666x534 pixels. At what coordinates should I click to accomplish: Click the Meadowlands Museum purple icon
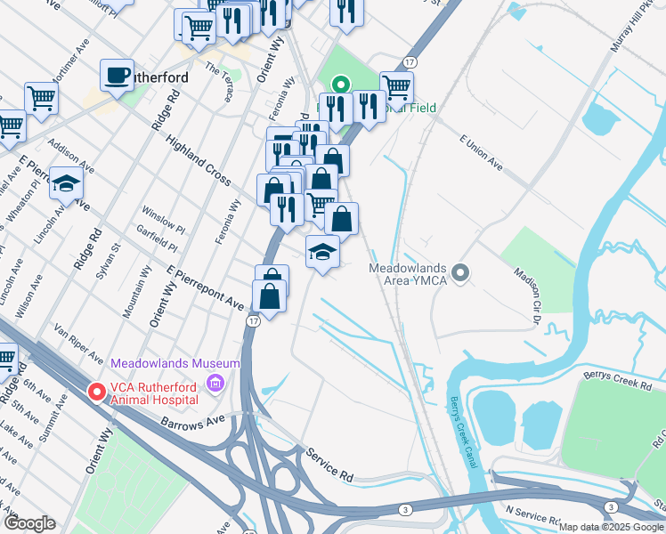pos(214,384)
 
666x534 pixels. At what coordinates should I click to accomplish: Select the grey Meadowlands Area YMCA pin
pos(459,272)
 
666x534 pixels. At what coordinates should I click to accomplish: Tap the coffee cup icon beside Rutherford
pos(116,75)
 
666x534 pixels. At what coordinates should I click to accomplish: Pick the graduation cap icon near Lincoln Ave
pos(66,183)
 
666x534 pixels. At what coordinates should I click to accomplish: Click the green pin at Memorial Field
pos(339,86)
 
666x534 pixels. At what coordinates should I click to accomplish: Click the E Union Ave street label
pos(486,152)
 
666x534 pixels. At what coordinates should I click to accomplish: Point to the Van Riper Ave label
pos(79,344)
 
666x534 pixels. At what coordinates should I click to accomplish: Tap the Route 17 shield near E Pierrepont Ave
pos(254,320)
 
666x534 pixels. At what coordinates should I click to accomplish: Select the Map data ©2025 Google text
pos(611,527)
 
